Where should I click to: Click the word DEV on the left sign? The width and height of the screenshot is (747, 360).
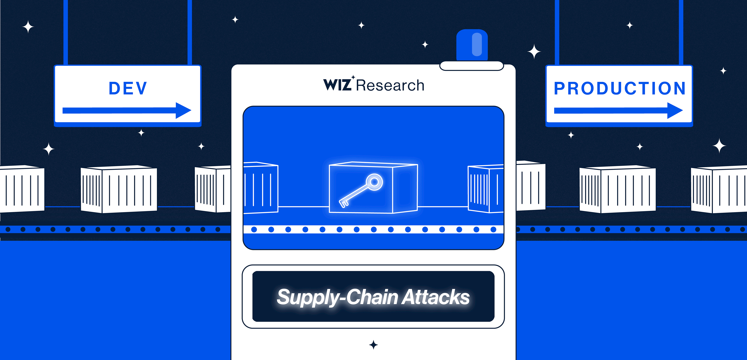128,88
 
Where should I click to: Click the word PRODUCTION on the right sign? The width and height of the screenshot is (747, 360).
620,88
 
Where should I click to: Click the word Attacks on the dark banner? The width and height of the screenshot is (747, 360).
436,297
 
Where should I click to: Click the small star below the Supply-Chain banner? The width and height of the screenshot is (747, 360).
373,345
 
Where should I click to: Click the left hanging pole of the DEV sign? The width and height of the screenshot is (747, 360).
66,32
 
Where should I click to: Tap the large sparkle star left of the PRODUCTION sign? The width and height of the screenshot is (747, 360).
534,52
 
